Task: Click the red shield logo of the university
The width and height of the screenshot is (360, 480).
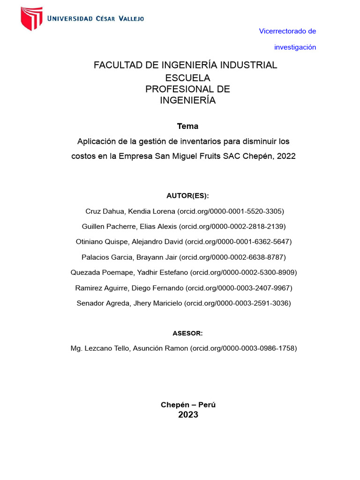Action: click(x=31, y=19)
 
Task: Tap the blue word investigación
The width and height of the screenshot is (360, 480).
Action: click(x=295, y=47)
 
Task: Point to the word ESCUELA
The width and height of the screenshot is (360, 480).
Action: click(x=188, y=77)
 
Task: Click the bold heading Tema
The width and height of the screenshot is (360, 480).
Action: click(x=187, y=126)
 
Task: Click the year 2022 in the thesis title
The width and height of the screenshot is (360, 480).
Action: click(x=286, y=156)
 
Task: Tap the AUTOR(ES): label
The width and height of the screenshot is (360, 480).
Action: click(x=187, y=196)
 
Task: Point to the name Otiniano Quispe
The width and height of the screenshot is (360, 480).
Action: click(x=101, y=242)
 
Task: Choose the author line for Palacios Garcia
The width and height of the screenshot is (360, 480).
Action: click(x=183, y=257)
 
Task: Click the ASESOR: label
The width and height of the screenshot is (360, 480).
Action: click(x=187, y=333)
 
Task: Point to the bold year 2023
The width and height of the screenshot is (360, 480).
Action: click(x=188, y=415)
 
